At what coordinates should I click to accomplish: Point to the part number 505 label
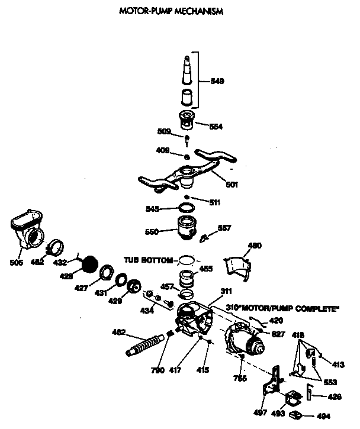pos(17,262)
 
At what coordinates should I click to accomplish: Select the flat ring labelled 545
pos(187,208)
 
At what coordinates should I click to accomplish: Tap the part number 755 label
pos(240,378)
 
